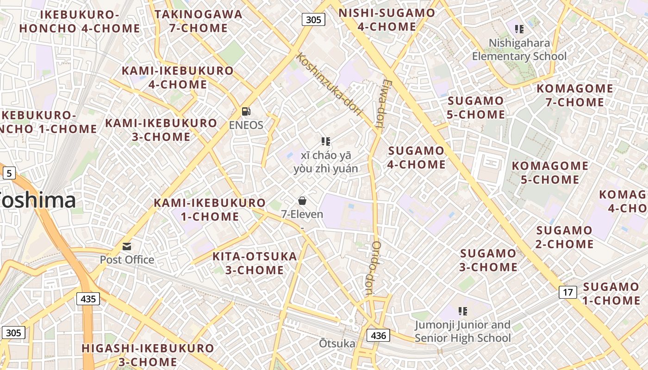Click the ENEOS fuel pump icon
[246, 111]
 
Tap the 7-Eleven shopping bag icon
[302, 200]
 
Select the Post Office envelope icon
[127, 247]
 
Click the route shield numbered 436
[378, 335]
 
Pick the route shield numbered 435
[88, 299]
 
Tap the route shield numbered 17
[568, 292]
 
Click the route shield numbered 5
[9, 173]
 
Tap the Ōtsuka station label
[337, 344]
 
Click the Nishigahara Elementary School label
[519, 50]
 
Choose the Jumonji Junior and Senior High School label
[462, 332]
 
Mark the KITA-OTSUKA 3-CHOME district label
[255, 263]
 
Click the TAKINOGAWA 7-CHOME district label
[199, 21]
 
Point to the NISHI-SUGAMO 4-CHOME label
[387, 19]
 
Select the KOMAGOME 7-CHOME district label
[575, 95]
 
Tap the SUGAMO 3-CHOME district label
[488, 260]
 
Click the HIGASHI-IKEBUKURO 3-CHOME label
[148, 355]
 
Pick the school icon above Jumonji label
[462, 311]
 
